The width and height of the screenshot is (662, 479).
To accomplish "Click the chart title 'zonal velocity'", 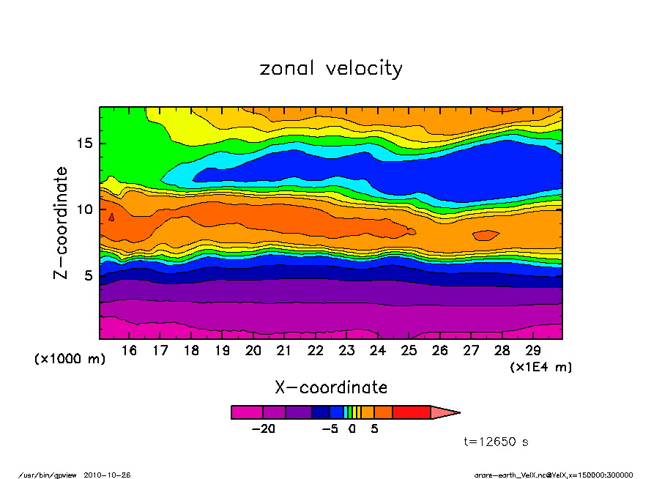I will [x=331, y=69].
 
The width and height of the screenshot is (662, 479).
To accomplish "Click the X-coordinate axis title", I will [x=330, y=387].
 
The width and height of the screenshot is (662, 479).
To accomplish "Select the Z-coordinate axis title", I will [x=62, y=223].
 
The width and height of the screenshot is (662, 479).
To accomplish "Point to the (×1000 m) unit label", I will [x=70, y=360].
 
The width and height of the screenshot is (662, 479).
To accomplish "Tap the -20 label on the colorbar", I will [x=263, y=429].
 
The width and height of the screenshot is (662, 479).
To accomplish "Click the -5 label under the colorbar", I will [x=330, y=429].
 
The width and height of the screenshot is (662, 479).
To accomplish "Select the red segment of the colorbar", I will [x=412, y=412].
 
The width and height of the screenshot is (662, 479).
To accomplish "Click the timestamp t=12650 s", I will [x=496, y=442].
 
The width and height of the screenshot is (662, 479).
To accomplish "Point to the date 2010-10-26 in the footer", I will [x=113, y=475].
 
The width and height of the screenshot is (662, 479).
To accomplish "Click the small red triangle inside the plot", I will [x=111, y=217].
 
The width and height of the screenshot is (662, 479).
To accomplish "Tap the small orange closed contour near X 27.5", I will [x=486, y=235].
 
